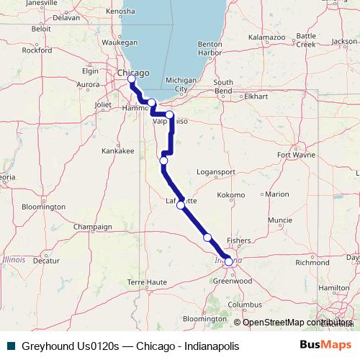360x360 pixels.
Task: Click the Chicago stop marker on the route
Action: [131, 78]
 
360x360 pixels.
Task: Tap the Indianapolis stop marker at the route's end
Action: [228, 262]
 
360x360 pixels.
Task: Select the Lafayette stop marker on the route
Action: [181, 205]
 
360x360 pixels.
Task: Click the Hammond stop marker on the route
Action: [152, 102]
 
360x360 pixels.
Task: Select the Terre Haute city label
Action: [147, 282]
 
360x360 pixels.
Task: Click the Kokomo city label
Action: [231, 194]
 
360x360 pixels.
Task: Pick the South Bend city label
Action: [223, 86]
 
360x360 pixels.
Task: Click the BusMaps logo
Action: [326, 346]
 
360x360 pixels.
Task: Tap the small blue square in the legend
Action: [10, 346]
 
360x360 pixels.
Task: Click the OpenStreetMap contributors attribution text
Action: [294, 322]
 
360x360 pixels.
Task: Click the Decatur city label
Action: [46, 261]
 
